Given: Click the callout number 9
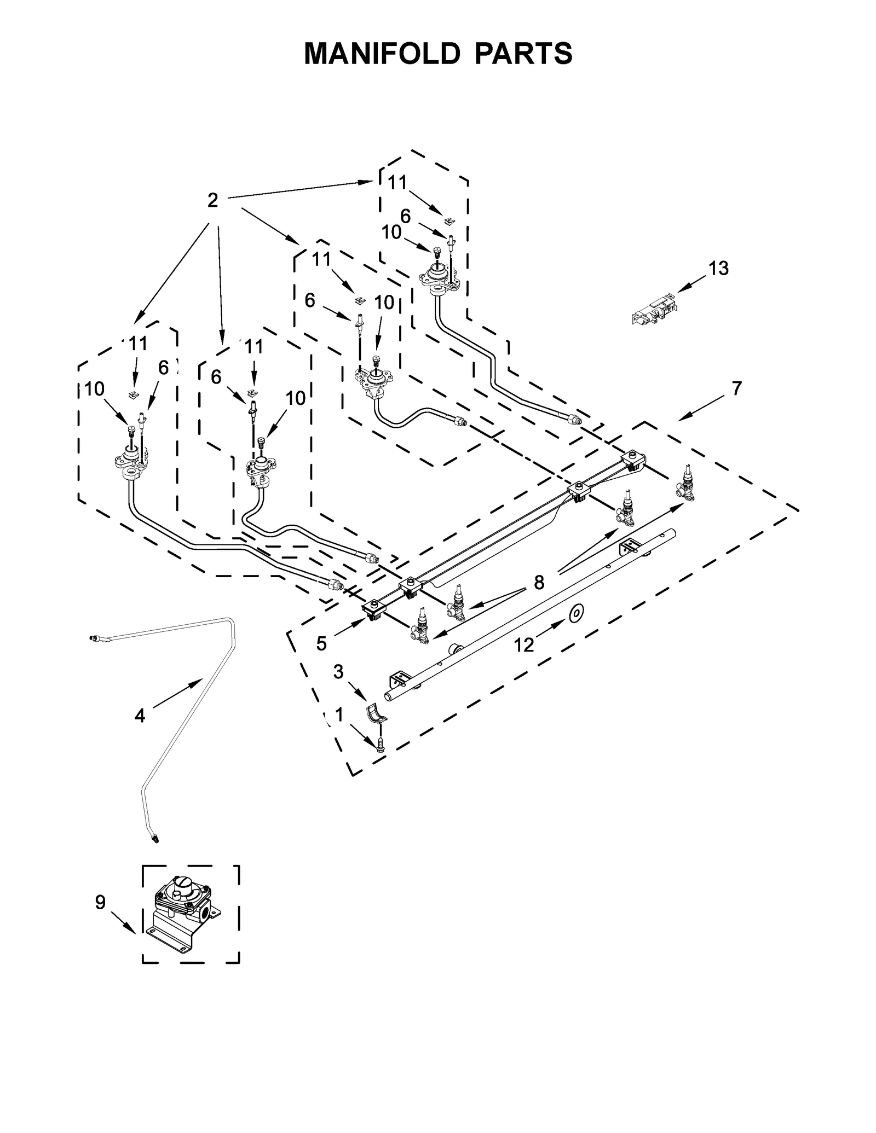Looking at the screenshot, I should (x=100, y=902).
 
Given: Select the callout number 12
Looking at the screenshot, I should (x=523, y=645).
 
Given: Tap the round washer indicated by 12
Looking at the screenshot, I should (x=575, y=614).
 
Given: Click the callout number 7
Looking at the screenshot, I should (x=736, y=388).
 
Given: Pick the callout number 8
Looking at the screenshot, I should (x=539, y=583).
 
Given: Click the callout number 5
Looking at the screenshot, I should (x=321, y=644).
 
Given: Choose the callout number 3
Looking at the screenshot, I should (x=338, y=672).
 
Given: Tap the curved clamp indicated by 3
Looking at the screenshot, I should (x=376, y=714).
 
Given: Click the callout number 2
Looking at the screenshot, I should (x=212, y=200).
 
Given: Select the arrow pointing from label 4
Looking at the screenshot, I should (x=178, y=693).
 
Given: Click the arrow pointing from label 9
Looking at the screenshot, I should (x=123, y=922).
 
